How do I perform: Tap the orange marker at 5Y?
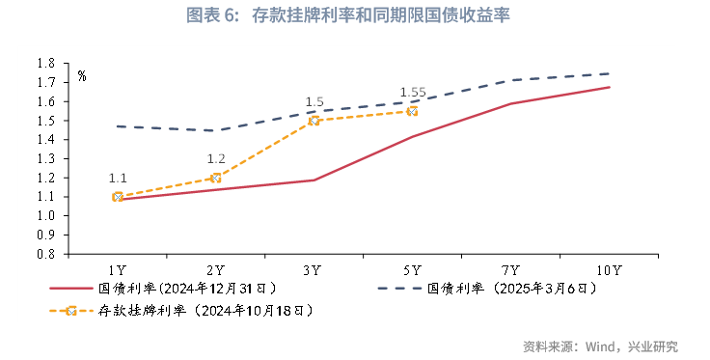[413, 111]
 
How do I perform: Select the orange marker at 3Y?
[314, 121]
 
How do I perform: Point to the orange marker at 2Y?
[215, 178]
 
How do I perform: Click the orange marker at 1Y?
[118, 197]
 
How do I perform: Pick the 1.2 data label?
[215, 159]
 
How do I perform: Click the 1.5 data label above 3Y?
[314, 102]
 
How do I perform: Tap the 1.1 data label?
[118, 179]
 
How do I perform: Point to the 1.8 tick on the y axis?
[44, 63]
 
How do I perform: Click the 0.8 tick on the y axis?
[44, 255]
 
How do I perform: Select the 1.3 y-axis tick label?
[44, 158]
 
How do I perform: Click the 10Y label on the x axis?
[610, 269]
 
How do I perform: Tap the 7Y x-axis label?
[511, 269]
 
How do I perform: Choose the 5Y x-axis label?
[413, 269]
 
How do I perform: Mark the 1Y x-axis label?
[118, 269]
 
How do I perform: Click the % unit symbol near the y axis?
[82, 75]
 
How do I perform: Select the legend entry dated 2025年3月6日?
[520, 288]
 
